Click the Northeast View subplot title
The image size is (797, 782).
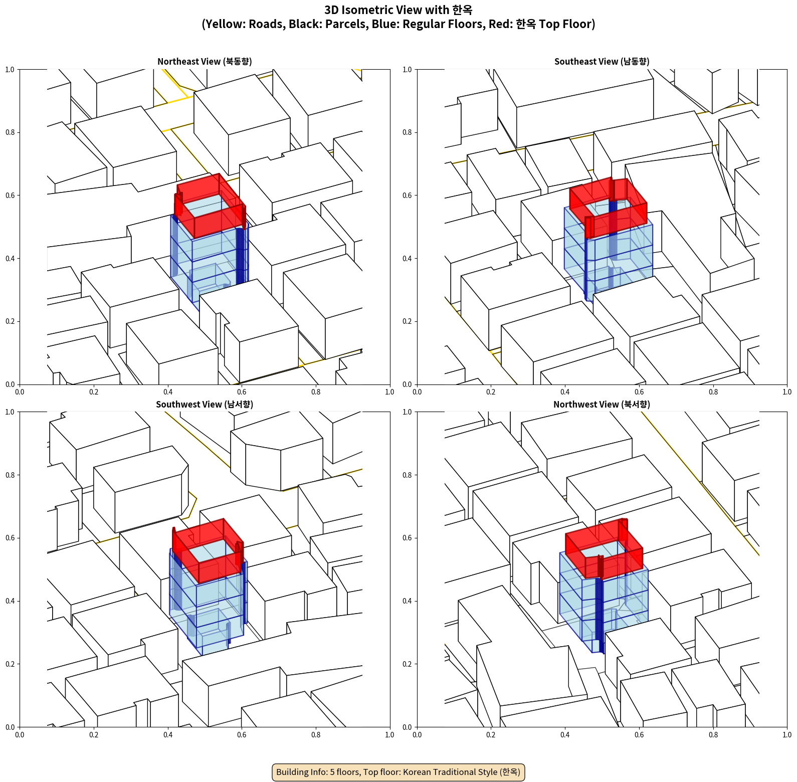point(205,62)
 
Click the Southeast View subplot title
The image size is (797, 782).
point(602,62)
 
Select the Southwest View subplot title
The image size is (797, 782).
point(205,405)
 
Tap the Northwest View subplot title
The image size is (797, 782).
point(602,405)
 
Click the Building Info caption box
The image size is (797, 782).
point(398,772)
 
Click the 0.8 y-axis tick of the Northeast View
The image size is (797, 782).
point(10,132)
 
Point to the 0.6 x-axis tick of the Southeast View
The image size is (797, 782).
point(639,392)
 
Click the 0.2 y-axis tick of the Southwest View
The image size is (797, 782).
point(10,664)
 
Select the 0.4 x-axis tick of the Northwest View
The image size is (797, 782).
point(565,735)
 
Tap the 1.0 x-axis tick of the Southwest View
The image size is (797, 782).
point(389,735)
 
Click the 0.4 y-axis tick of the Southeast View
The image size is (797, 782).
point(407,259)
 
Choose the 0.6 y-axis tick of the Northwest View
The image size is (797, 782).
point(407,538)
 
